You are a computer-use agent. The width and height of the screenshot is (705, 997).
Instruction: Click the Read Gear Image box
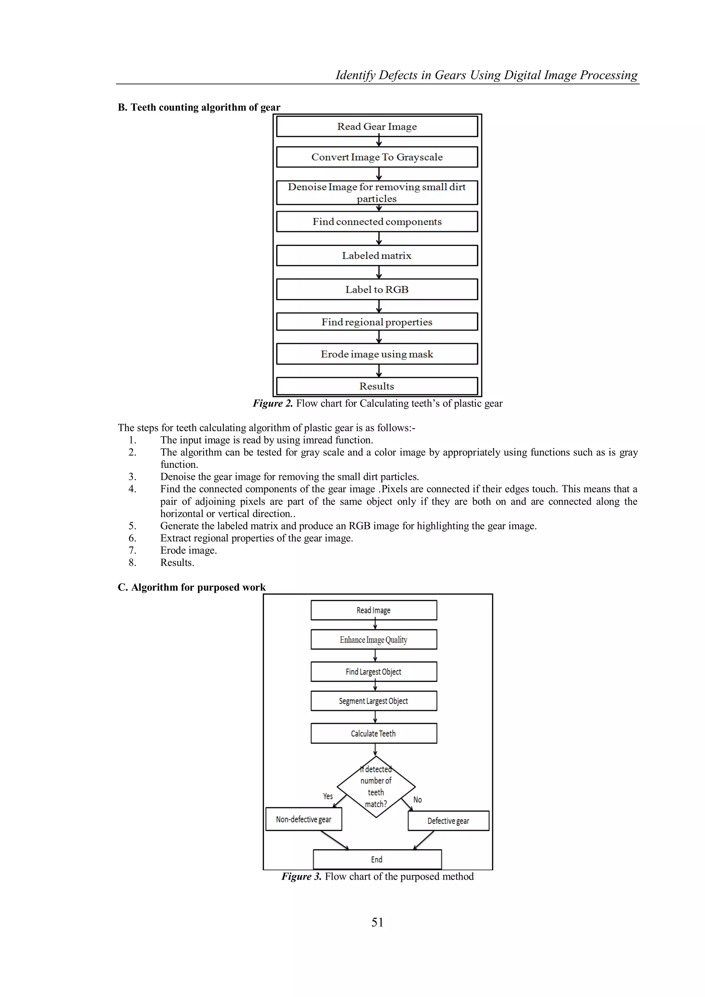click(377, 126)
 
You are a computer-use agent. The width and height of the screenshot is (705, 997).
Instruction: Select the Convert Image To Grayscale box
click(377, 157)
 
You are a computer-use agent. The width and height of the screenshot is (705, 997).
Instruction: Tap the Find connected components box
click(377, 221)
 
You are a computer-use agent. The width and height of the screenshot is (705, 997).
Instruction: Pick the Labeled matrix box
click(377, 255)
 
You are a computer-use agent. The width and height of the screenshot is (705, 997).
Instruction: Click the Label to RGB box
click(377, 289)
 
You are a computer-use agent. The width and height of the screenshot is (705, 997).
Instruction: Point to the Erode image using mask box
click(377, 354)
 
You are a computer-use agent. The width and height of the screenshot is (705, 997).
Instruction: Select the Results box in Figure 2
click(377, 386)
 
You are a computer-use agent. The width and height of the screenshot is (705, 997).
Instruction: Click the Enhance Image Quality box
click(374, 640)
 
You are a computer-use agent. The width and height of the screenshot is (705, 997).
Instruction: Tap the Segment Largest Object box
click(374, 701)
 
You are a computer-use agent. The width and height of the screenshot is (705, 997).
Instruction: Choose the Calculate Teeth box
click(374, 734)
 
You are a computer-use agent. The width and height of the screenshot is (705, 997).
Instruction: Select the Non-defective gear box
click(303, 819)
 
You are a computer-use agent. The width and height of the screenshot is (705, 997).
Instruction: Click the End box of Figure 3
click(377, 859)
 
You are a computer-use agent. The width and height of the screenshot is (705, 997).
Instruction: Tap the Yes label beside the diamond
click(328, 796)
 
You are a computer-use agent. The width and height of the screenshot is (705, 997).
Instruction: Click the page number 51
click(377, 922)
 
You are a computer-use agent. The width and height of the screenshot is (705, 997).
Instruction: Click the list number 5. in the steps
click(133, 526)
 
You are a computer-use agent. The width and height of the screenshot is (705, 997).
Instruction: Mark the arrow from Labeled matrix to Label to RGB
click(379, 272)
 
